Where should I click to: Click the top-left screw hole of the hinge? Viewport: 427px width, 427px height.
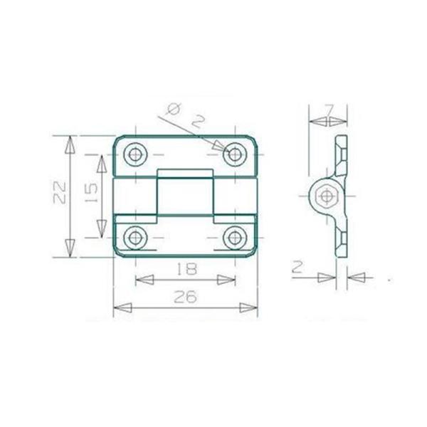pos(135,153)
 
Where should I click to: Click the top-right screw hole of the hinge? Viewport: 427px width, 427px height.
pos(236,153)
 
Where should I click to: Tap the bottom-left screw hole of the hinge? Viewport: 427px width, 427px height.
pos(135,237)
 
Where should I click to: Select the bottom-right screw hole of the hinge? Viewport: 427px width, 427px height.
pos(236,237)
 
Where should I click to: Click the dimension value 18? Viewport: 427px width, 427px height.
pos(185,268)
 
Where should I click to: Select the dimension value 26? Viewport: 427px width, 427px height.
pos(185,298)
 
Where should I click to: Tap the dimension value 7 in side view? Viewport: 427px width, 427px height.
pos(328,111)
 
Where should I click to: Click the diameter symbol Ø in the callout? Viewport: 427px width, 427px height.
pos(172,110)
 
